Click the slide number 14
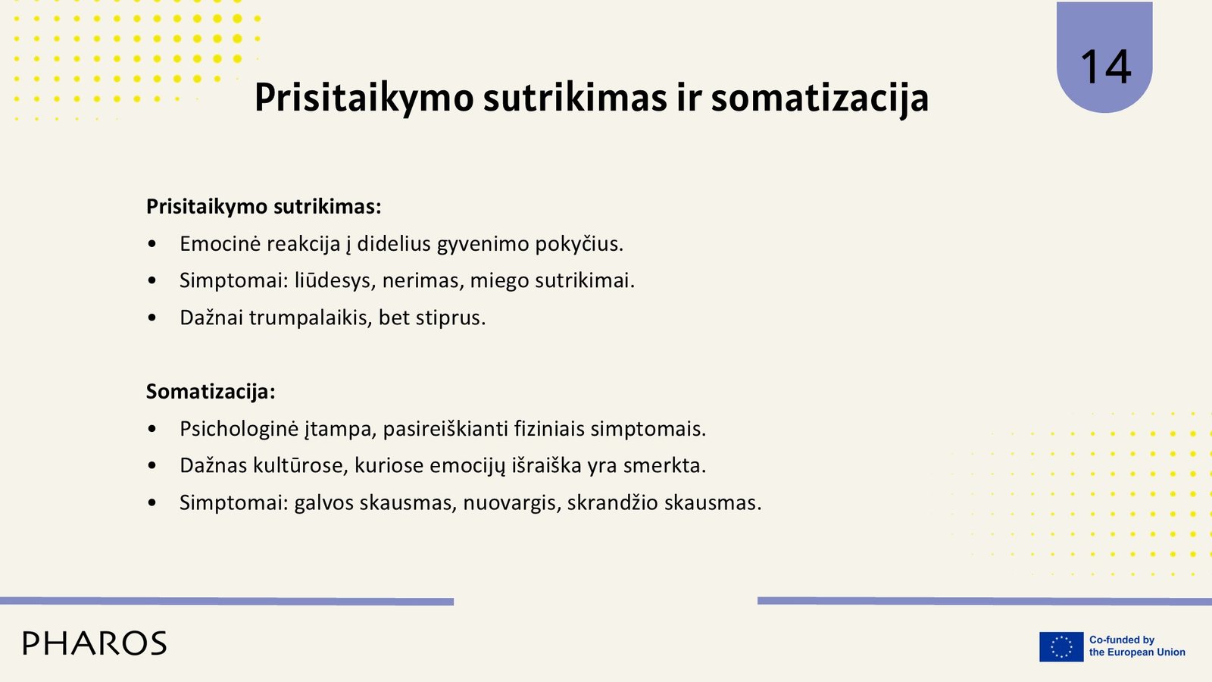pyautogui.click(x=1105, y=67)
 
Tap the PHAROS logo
pyautogui.click(x=95, y=643)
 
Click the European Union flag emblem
pyautogui.click(x=1061, y=646)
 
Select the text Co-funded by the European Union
pyautogui.click(x=1137, y=646)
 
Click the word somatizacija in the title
pyautogui.click(x=820, y=99)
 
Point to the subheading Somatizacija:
pyautogui.click(x=211, y=391)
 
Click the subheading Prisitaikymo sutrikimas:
pyautogui.click(x=264, y=207)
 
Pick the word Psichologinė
pyautogui.click(x=239, y=429)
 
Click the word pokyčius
pyautogui.click(x=579, y=244)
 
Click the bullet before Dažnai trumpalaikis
pyautogui.click(x=152, y=318)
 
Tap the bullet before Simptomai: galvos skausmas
pyautogui.click(x=152, y=503)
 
